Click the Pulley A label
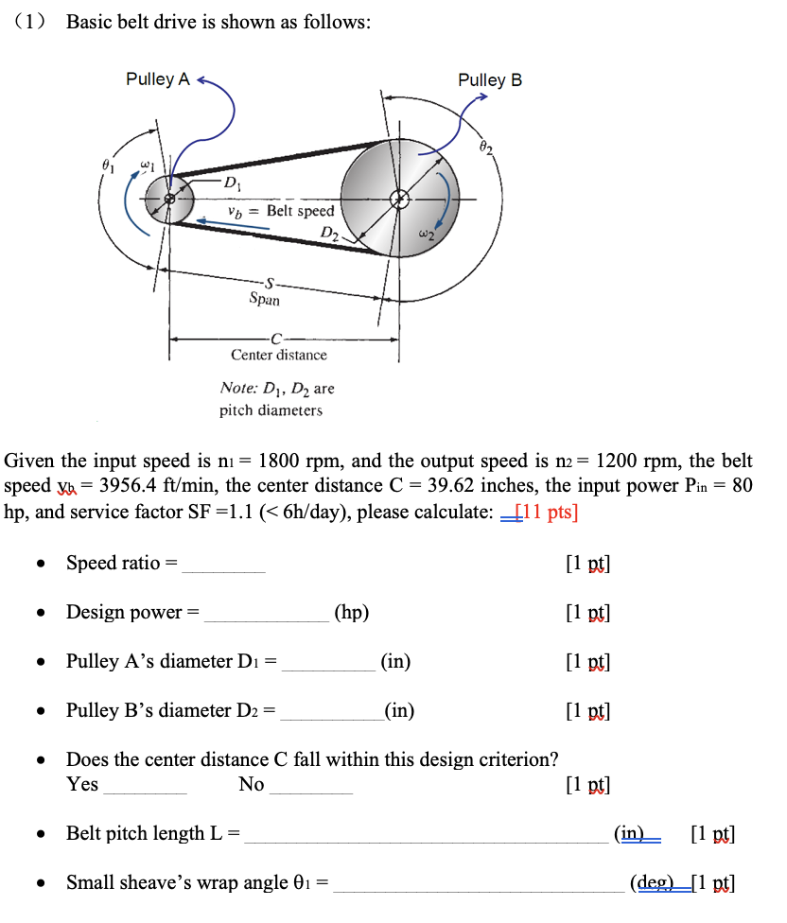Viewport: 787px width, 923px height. tap(157, 79)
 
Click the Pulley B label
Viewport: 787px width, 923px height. tap(489, 80)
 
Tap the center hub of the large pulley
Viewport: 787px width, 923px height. tap(400, 199)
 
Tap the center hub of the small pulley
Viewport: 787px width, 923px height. tap(170, 199)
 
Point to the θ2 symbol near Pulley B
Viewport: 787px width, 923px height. tap(486, 147)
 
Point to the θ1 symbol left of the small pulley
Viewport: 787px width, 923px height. tap(108, 164)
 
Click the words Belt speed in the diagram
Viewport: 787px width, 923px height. tap(300, 210)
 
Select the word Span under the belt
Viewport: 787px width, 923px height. tap(264, 299)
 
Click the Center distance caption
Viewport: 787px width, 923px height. tap(278, 355)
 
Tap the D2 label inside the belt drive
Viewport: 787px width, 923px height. tap(329, 232)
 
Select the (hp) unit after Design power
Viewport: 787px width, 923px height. tap(351, 612)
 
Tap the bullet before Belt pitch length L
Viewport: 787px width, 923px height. tap(41, 834)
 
